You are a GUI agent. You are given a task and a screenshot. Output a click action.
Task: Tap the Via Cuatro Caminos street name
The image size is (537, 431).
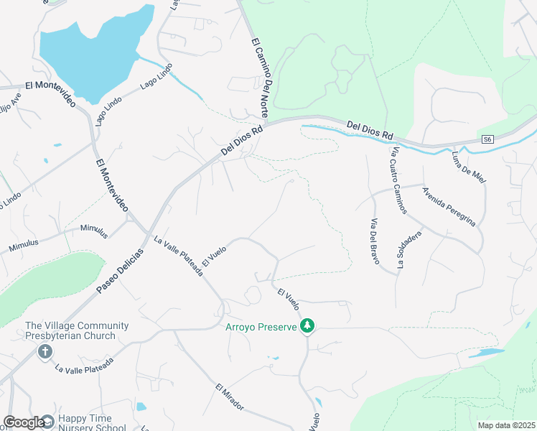[x=399, y=180]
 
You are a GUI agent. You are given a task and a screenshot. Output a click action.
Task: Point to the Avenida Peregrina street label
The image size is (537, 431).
[x=449, y=207]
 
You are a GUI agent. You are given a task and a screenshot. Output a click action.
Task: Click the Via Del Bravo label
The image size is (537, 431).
[x=374, y=241]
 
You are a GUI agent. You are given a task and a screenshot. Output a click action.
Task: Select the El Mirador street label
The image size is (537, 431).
[x=230, y=397]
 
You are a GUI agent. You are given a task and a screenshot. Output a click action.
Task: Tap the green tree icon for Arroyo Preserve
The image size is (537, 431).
[x=307, y=327]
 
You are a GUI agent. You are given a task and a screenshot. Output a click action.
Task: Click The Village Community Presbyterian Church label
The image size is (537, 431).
[x=77, y=330]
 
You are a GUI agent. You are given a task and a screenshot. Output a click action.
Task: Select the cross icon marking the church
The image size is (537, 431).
[x=45, y=352]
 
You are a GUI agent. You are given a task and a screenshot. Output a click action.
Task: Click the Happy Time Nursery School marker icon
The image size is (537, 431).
[x=48, y=421]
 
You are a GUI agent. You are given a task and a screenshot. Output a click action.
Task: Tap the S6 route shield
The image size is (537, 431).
[x=488, y=139]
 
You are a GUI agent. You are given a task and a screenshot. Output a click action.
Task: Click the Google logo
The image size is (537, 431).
[x=24, y=422]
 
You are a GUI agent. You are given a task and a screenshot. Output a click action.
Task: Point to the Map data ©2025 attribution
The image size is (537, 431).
[x=505, y=425]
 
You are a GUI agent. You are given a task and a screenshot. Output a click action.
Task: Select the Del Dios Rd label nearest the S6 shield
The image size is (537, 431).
[x=370, y=130]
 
